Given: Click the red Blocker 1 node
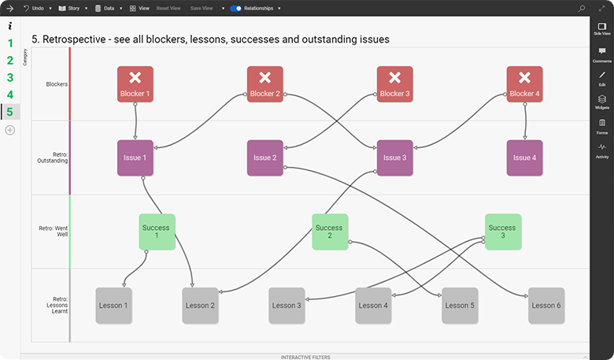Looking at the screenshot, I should tap(135, 84).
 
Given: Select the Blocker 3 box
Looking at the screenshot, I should tap(394, 84).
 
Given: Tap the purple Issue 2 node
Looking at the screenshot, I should tap(264, 158).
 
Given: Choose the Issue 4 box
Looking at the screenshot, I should tap(523, 158).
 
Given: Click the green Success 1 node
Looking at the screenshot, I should tap(156, 232).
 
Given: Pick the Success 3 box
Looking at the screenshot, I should tap(502, 232).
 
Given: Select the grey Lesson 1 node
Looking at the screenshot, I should tap(113, 305).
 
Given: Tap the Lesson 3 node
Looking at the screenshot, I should tap(287, 305).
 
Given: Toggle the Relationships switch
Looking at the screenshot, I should tap(235, 8).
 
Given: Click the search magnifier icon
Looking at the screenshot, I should tap(582, 8).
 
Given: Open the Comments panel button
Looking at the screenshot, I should tap(601, 54).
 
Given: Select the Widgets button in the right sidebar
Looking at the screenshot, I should tap(601, 102).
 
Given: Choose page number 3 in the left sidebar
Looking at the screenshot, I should tap(10, 77).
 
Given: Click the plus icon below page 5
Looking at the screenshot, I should tap(10, 129).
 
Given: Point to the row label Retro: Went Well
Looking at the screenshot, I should tap(52, 232).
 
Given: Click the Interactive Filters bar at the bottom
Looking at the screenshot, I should tap(305, 357).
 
